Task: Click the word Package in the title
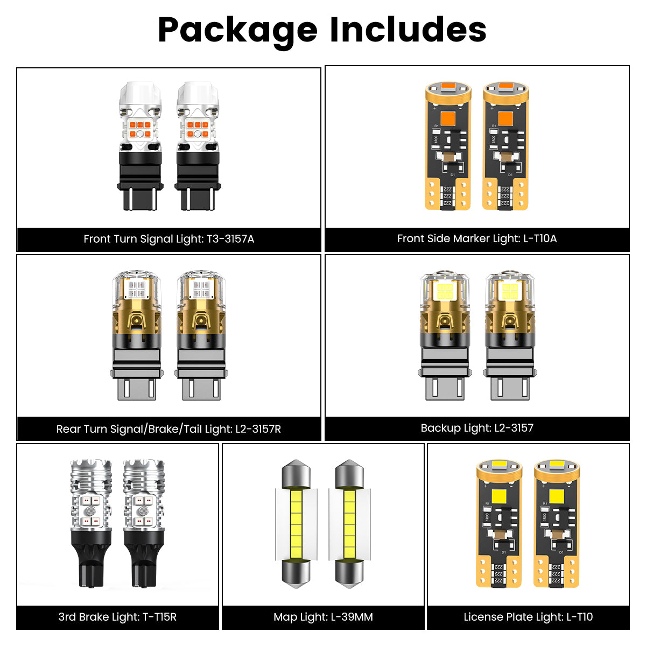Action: [237, 30]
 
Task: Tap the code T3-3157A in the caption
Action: [230, 239]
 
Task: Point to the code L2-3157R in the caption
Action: [258, 429]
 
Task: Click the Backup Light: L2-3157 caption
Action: [477, 428]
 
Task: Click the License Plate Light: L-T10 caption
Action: [528, 617]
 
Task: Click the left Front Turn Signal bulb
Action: [139, 146]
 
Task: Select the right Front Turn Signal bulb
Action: [197, 146]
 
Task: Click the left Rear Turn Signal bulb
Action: [136, 335]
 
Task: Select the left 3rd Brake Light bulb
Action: [91, 523]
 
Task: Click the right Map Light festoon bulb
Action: [349, 523]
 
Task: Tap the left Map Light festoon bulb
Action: [296, 523]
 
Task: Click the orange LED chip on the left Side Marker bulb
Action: [448, 117]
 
